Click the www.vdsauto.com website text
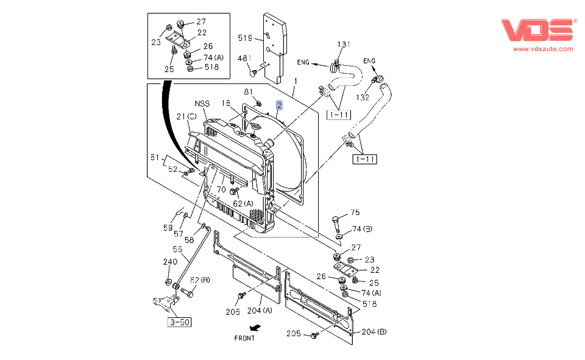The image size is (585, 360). (x=542, y=49)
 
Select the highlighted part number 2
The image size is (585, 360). (x=279, y=105)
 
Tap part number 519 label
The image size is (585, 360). (x=245, y=38)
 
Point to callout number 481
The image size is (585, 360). (x=244, y=59)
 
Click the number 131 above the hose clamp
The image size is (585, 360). (x=344, y=44)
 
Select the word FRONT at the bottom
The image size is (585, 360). (x=245, y=337)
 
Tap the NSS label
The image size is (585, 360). (x=202, y=104)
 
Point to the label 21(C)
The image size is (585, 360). (x=186, y=116)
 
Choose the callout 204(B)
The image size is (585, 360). (x=374, y=332)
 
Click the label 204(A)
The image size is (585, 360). (x=260, y=311)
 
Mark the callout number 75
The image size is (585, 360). (x=355, y=213)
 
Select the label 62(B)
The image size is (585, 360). (x=200, y=280)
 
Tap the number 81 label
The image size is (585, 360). (x=249, y=91)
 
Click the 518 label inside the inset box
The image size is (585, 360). (x=211, y=67)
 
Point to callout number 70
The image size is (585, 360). (x=221, y=189)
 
